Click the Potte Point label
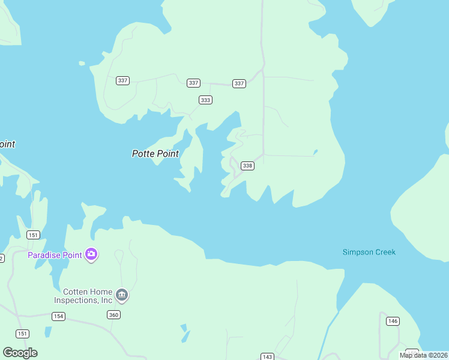click(x=155, y=154)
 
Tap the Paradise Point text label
click(x=55, y=255)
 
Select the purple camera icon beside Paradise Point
click(x=91, y=254)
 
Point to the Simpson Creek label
click(x=369, y=252)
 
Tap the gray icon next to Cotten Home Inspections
click(x=122, y=295)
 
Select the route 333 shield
click(x=206, y=100)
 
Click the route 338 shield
click(x=247, y=166)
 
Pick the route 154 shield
click(x=58, y=316)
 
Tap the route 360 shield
click(x=114, y=314)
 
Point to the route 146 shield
click(x=393, y=321)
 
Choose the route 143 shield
click(x=268, y=356)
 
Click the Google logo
click(x=20, y=352)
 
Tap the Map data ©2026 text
click(x=423, y=355)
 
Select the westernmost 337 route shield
click(x=123, y=80)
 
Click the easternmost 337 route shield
click(x=240, y=83)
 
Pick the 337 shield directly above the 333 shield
click(x=193, y=83)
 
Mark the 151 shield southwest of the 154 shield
click(x=23, y=334)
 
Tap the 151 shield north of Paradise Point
click(x=34, y=235)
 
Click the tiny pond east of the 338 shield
click(x=315, y=152)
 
